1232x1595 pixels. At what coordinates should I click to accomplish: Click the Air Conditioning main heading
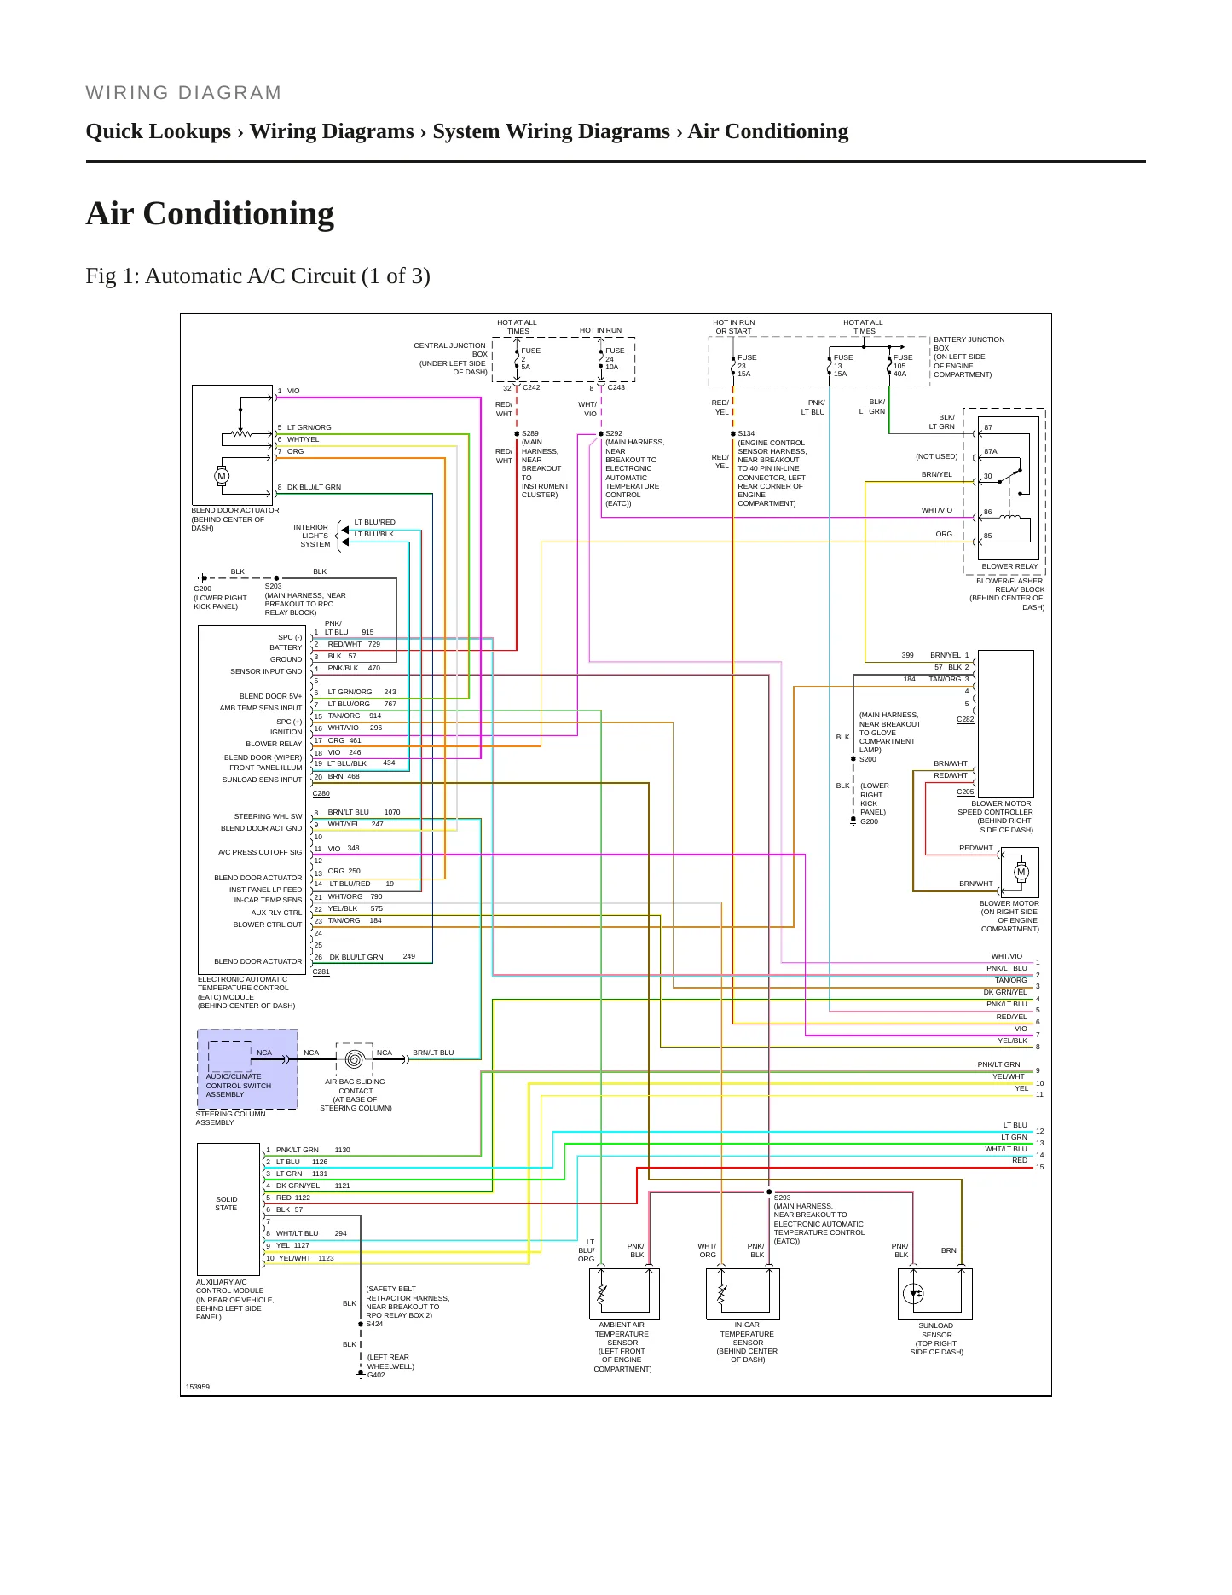(210, 213)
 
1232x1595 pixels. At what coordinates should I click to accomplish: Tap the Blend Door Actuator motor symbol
(222, 477)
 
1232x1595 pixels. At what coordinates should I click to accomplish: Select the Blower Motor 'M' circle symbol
(1021, 872)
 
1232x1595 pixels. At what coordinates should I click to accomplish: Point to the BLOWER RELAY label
(1009, 566)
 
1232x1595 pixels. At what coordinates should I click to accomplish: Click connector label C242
(531, 388)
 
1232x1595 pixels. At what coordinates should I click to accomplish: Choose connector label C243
(616, 388)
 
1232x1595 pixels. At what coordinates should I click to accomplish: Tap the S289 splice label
(530, 433)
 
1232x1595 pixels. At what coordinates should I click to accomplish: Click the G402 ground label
(376, 1375)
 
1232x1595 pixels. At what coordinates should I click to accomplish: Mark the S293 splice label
(783, 1198)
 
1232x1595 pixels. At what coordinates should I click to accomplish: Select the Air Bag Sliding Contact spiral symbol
(355, 1059)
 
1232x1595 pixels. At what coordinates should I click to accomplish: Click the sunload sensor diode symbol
(913, 1294)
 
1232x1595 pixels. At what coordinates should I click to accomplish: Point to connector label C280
(321, 793)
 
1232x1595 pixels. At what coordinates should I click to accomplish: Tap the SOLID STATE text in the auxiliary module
(227, 1203)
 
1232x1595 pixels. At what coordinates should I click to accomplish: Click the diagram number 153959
(198, 1387)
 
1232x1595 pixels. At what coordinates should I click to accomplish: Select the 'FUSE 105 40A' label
(903, 365)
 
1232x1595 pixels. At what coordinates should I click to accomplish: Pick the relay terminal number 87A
(991, 452)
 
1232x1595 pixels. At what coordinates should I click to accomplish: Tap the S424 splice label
(374, 1324)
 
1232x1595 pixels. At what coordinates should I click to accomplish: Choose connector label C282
(965, 719)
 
